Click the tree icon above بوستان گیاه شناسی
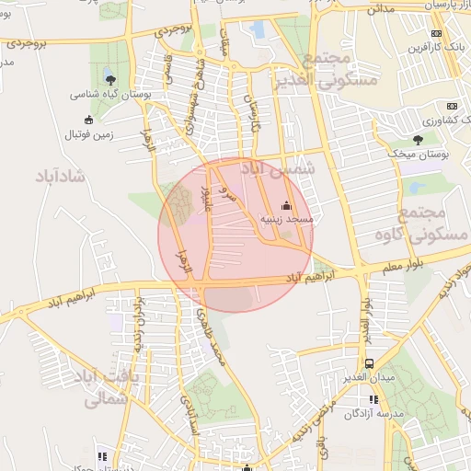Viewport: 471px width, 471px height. click(111, 81)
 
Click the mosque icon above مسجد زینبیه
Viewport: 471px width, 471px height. click(286, 206)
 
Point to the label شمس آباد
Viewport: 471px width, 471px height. click(277, 169)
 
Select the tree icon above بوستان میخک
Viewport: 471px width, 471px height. click(418, 141)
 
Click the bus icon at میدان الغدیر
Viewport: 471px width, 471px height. click(369, 364)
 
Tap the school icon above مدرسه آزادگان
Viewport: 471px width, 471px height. click(373, 399)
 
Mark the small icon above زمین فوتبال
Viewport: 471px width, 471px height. click(88, 120)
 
